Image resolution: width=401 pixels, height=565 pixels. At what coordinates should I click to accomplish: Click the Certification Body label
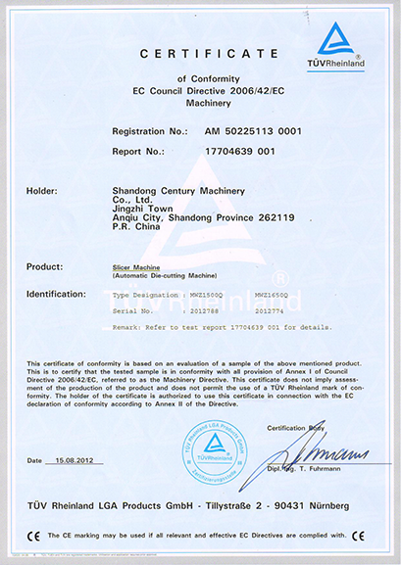(x=303, y=428)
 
